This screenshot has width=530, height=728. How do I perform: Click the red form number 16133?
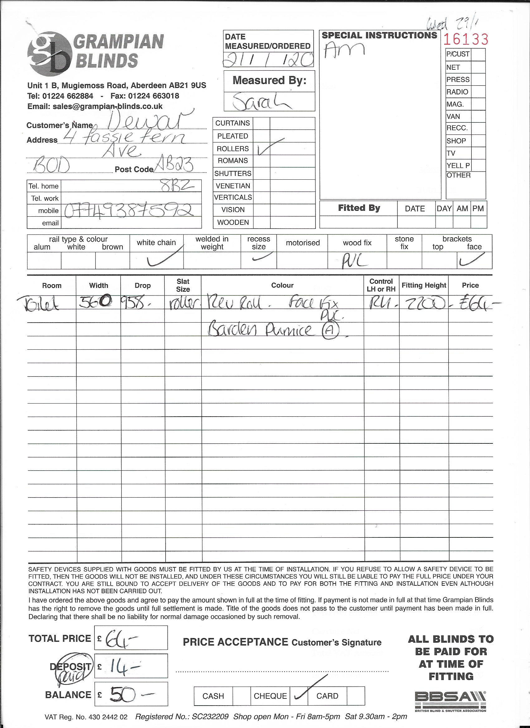pyautogui.click(x=466, y=40)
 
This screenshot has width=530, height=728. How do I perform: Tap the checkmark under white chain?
pyautogui.click(x=164, y=258)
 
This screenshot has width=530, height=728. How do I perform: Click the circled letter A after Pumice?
pyautogui.click(x=330, y=331)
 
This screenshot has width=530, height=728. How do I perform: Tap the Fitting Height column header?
pyautogui.click(x=424, y=285)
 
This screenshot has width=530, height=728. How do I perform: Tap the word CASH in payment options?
pyautogui.click(x=213, y=696)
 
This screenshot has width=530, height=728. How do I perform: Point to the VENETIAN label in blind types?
pyautogui.click(x=233, y=186)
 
